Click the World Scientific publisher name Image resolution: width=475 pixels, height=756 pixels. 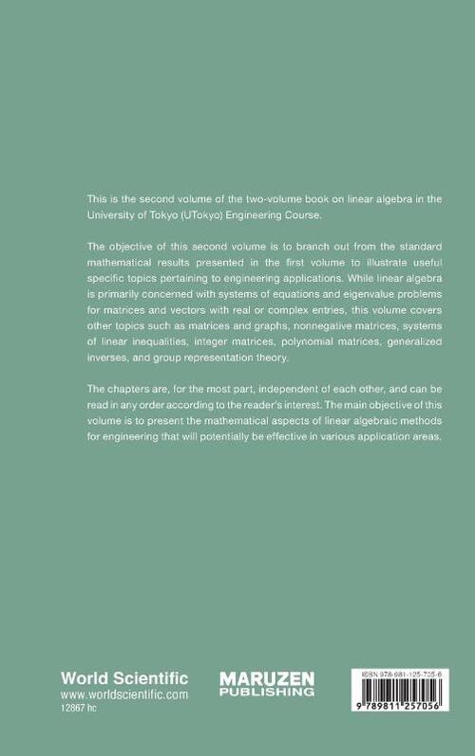pos(124,678)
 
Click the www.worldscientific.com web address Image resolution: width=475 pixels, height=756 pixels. pos(124,694)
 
